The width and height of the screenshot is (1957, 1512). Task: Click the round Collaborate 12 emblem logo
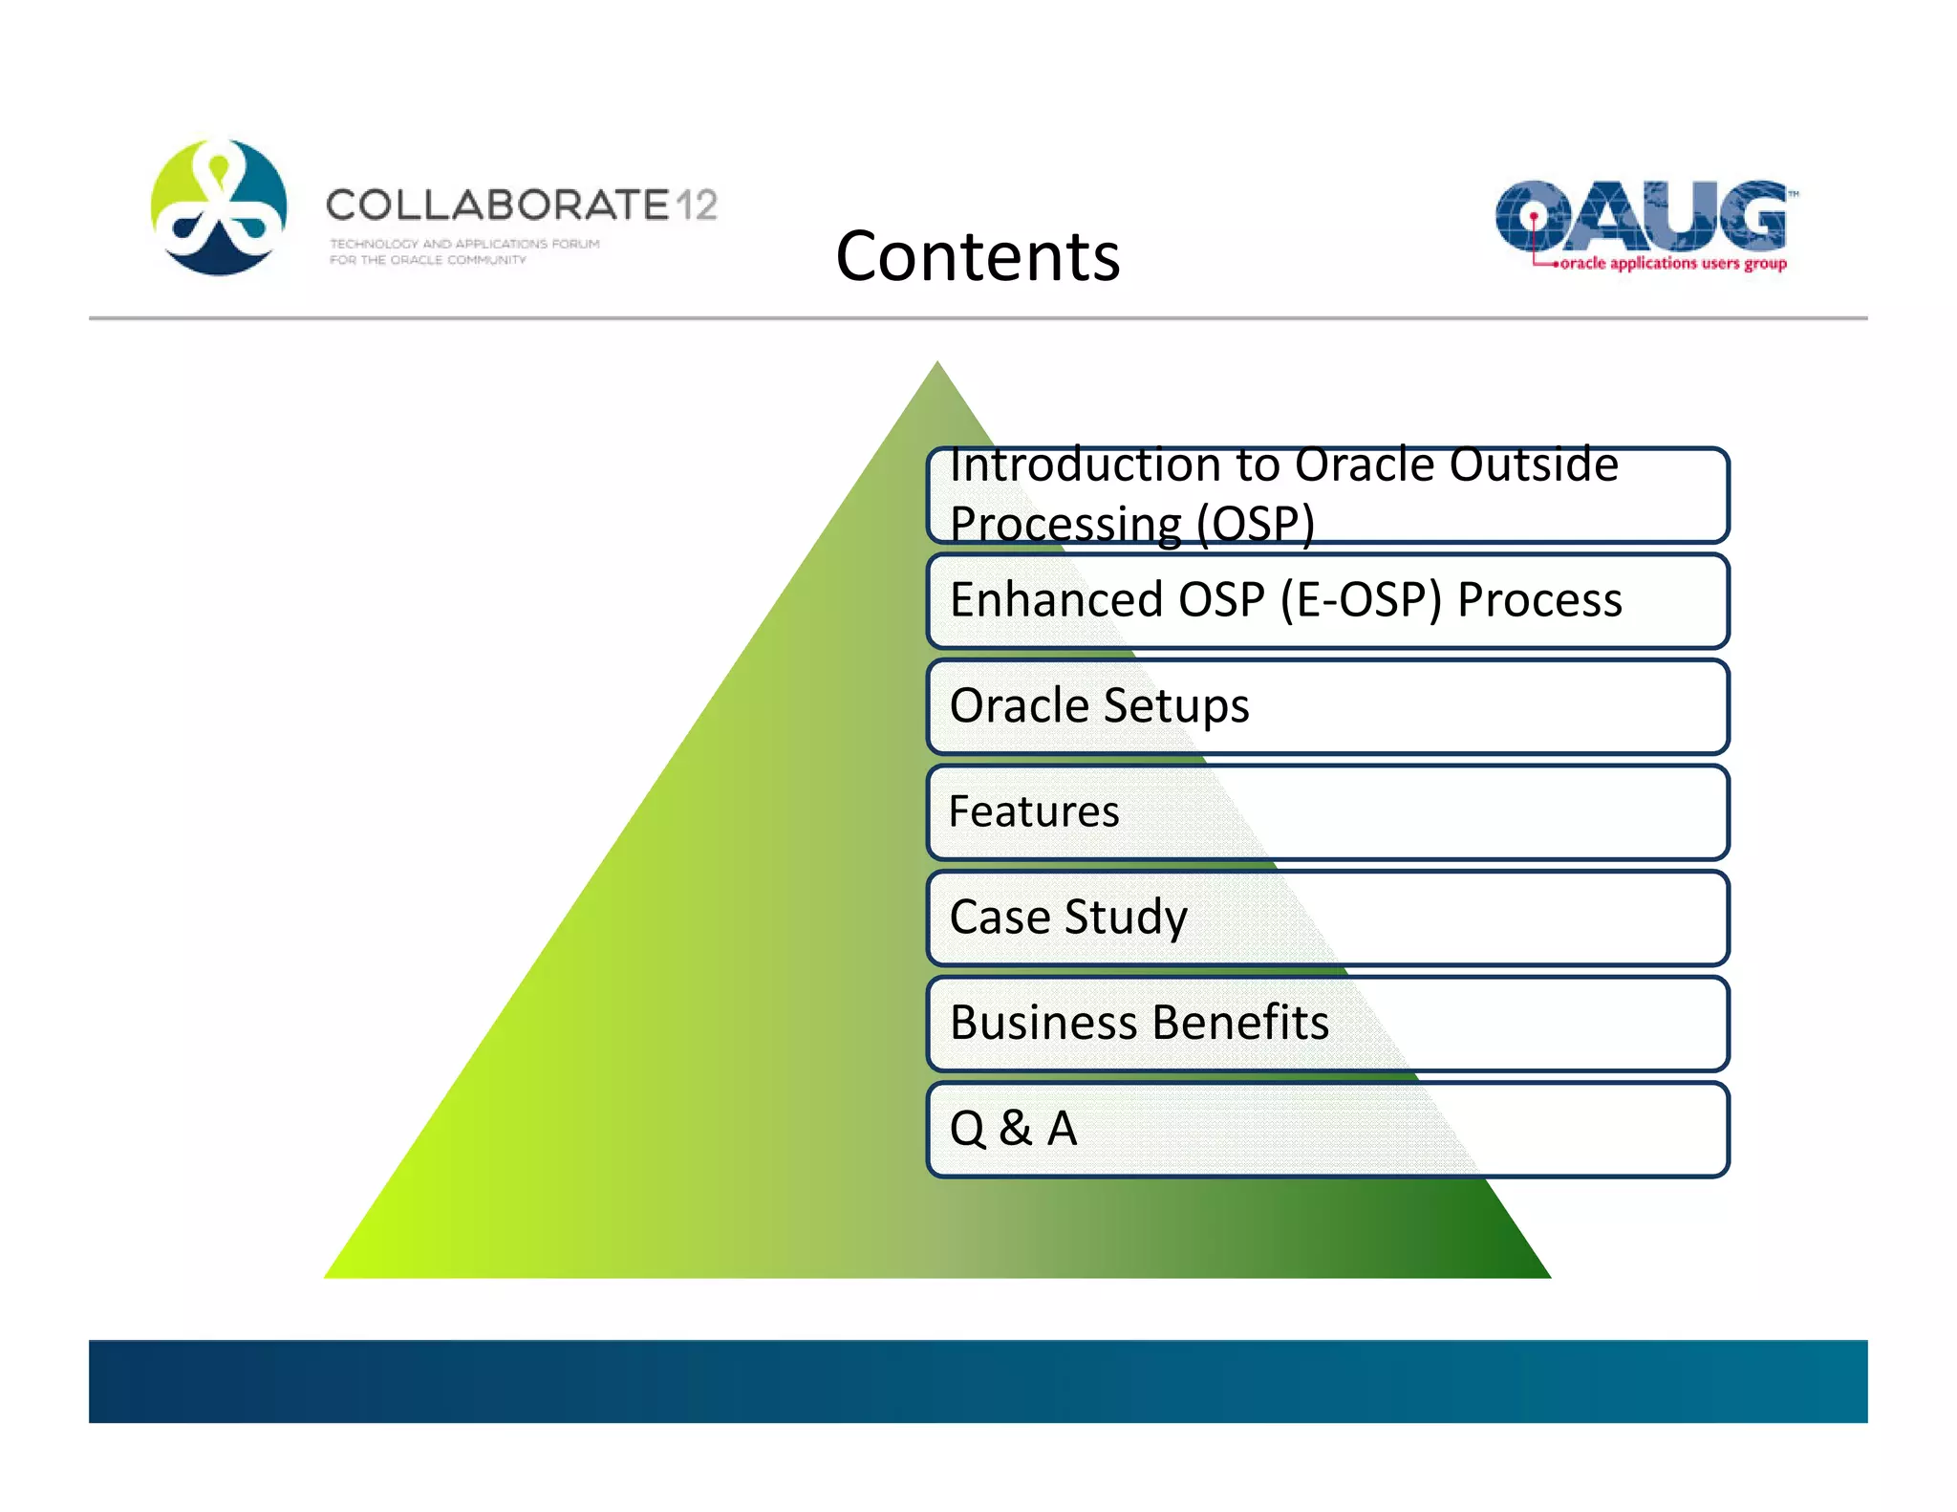click(x=219, y=207)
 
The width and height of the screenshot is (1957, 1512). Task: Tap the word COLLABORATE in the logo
click(x=497, y=205)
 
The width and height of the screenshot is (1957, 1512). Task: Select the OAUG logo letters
click(x=1640, y=215)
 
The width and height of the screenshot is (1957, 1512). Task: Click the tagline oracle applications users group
click(x=1672, y=263)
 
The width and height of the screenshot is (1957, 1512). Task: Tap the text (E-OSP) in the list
click(x=1361, y=600)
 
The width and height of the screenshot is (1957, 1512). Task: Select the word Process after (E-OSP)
click(x=1539, y=600)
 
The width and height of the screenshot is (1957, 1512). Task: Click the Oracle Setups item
click(x=1099, y=705)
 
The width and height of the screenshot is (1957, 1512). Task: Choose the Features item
click(x=1034, y=811)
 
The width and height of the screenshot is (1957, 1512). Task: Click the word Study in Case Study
click(x=1126, y=917)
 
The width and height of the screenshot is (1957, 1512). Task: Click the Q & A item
click(x=1013, y=1128)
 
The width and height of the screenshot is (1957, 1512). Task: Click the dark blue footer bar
click(x=977, y=1380)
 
